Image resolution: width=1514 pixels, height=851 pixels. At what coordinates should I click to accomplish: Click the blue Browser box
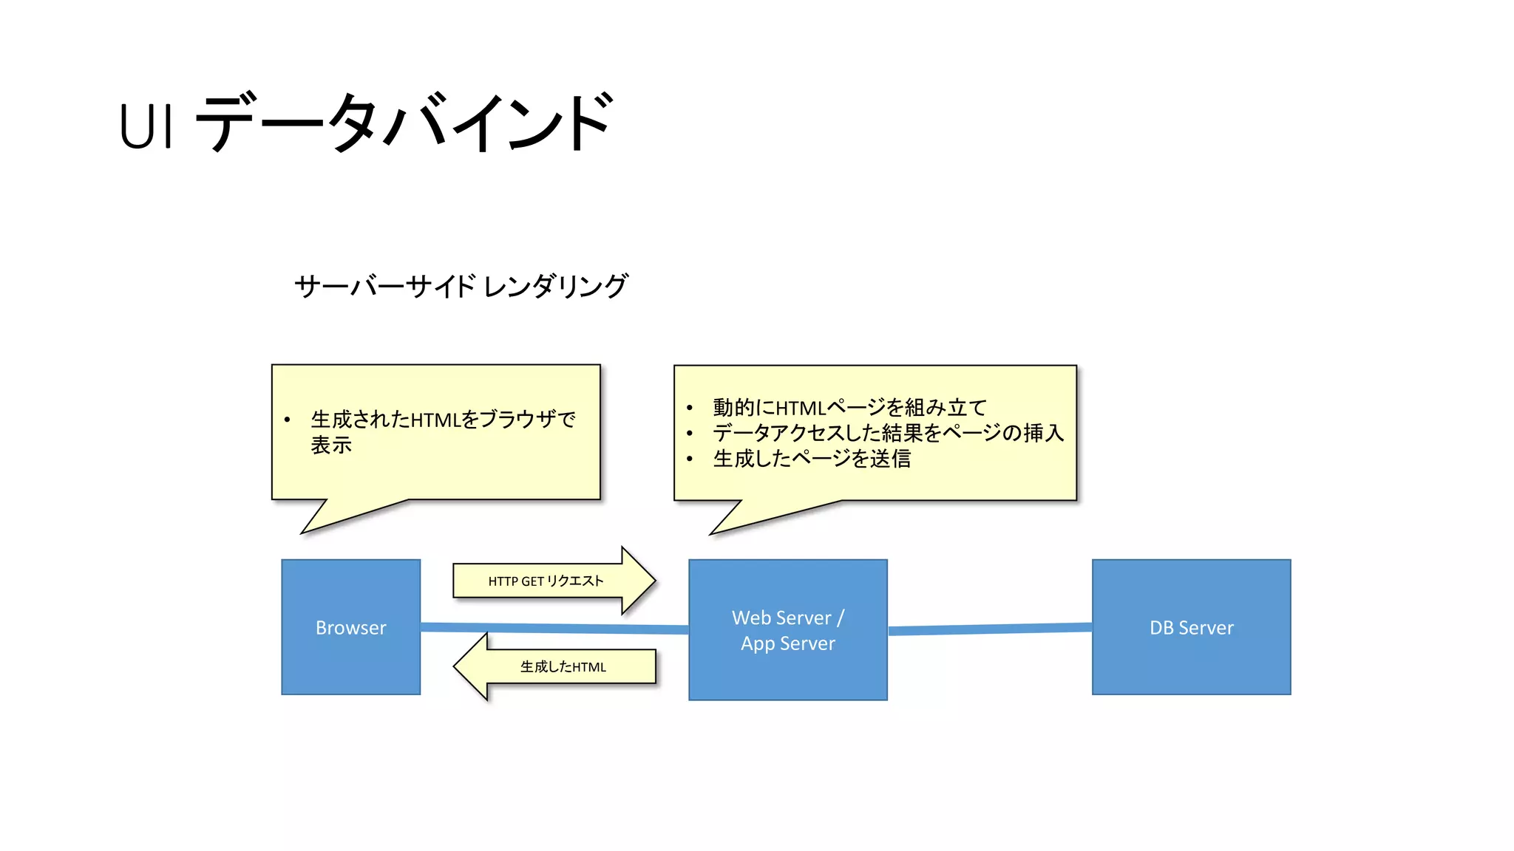point(350,626)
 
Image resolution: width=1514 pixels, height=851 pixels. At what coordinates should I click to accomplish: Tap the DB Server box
point(1191,626)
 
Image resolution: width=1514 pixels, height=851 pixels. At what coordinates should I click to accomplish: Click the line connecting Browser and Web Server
point(554,628)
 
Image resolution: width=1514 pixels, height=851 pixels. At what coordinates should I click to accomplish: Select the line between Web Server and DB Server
point(990,629)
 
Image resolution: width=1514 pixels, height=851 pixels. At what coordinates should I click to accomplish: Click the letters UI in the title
point(146,126)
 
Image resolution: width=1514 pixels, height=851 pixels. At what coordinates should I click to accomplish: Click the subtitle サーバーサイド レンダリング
point(461,287)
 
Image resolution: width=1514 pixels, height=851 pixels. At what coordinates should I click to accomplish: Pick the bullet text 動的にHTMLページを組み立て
point(849,407)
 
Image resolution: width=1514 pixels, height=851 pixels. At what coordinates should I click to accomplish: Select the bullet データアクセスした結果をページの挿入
point(888,433)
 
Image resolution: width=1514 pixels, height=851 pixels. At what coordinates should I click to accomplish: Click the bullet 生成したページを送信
point(811,459)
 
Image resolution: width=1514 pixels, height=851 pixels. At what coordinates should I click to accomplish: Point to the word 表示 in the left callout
point(330,445)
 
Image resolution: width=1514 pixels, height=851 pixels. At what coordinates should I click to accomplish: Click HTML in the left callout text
point(435,420)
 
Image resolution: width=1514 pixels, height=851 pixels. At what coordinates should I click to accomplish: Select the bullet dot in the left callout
point(287,420)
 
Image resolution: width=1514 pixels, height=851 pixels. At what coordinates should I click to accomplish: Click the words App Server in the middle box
point(787,643)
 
